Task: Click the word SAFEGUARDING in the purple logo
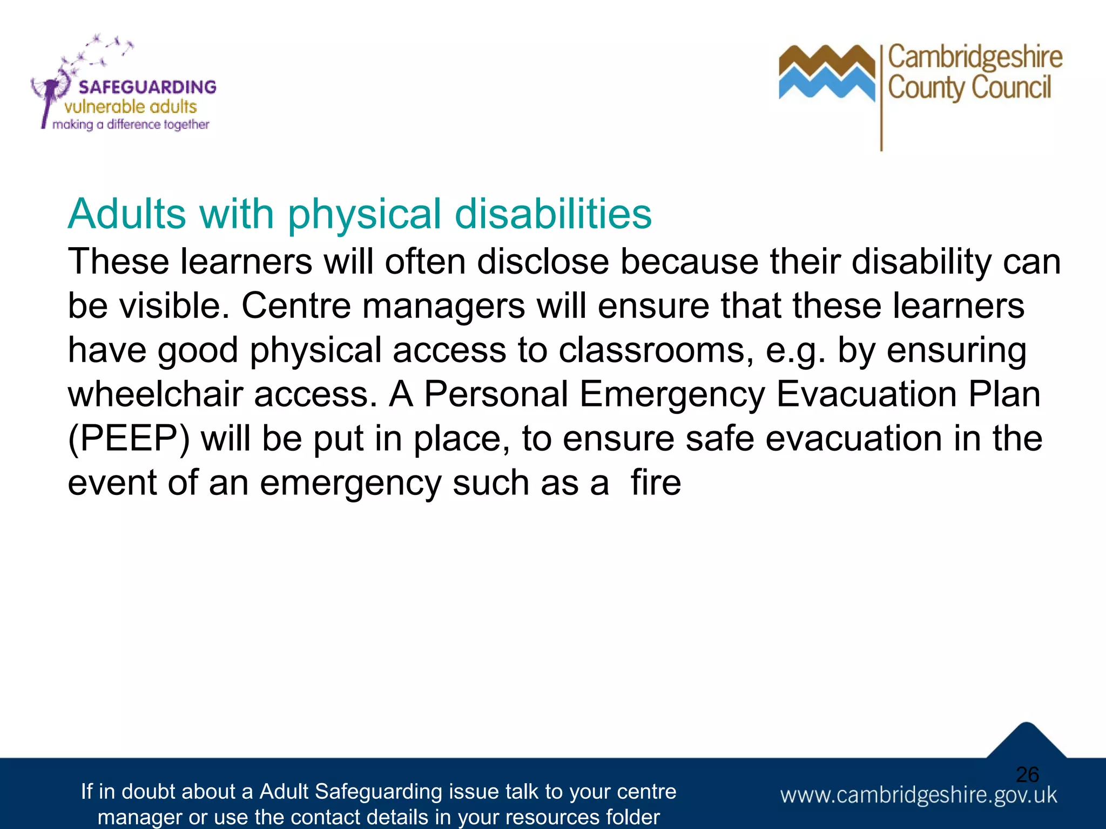[x=147, y=87]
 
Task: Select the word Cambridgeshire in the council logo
[x=975, y=58]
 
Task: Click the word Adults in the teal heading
[x=127, y=214]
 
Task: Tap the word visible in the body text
[x=171, y=306]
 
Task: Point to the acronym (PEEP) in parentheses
[x=129, y=438]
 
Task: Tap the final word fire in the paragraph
[x=656, y=483]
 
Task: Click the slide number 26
[x=1027, y=774]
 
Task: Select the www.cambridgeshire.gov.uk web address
[x=918, y=796]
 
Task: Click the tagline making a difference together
[x=131, y=125]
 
